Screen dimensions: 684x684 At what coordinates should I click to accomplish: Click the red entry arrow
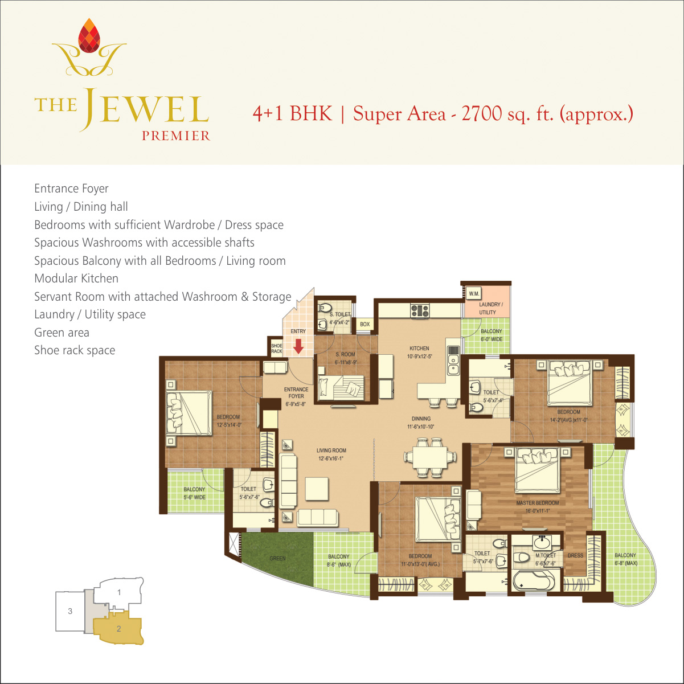(x=298, y=346)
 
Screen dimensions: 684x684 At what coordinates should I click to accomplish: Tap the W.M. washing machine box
(x=473, y=293)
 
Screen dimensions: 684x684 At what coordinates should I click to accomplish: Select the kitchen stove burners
(x=420, y=311)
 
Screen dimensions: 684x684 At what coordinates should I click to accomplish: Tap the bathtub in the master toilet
(x=534, y=581)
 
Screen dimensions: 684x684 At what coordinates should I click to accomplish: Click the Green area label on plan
(x=277, y=558)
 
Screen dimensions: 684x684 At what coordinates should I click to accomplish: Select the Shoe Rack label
(x=277, y=348)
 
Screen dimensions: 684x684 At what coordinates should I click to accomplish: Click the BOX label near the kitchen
(x=364, y=324)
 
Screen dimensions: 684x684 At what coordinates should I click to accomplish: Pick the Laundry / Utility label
(x=490, y=308)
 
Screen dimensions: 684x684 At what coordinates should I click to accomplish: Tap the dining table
(x=430, y=457)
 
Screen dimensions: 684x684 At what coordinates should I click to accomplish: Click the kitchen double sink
(x=453, y=364)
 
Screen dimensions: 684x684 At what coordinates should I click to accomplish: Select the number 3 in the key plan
(x=70, y=611)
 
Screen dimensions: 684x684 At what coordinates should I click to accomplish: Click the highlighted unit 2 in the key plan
(x=118, y=629)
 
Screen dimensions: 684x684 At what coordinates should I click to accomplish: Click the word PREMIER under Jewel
(x=176, y=136)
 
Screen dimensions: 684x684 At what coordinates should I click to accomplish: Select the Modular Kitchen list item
(x=76, y=278)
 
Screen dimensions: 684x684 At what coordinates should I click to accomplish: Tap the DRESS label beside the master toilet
(x=575, y=555)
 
